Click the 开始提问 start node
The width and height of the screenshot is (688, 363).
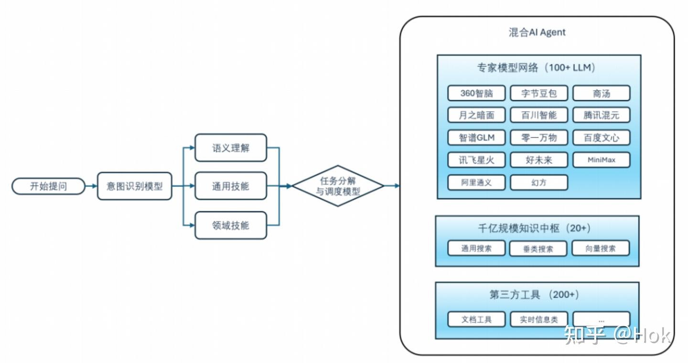pyautogui.click(x=48, y=186)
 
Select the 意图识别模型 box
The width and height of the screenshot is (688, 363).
pyautogui.click(x=134, y=186)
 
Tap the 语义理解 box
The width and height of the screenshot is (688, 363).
pyautogui.click(x=231, y=148)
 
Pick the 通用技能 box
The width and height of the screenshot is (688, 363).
pyautogui.click(x=231, y=186)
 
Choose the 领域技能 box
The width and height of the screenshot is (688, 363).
pyautogui.click(x=231, y=225)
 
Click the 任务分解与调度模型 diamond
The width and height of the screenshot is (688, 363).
pyautogui.click(x=338, y=186)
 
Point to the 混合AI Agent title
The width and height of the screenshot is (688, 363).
pyautogui.click(x=537, y=32)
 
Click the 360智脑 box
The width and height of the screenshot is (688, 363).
pyautogui.click(x=476, y=93)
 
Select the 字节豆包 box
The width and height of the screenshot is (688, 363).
pyautogui.click(x=539, y=93)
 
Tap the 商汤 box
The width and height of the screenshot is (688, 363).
pyautogui.click(x=601, y=93)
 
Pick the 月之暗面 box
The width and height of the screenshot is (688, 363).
pyautogui.click(x=476, y=115)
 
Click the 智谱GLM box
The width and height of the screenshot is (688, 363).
pyautogui.click(x=476, y=138)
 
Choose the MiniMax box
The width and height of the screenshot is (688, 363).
pyautogui.click(x=601, y=160)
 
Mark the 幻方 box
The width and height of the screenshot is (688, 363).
pyautogui.click(x=539, y=182)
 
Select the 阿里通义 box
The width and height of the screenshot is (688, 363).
pyautogui.click(x=476, y=182)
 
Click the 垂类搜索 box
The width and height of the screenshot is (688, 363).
pyautogui.click(x=538, y=249)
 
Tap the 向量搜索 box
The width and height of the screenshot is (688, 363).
pyautogui.click(x=601, y=248)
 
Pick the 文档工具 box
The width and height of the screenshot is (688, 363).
pyautogui.click(x=476, y=320)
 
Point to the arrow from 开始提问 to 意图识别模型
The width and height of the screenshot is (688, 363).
pyautogui.click(x=91, y=186)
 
